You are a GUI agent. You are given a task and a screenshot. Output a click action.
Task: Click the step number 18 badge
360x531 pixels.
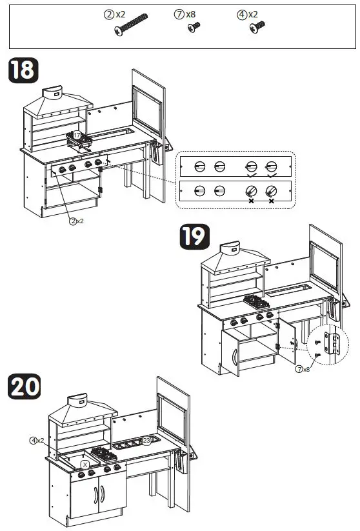[x=23, y=70]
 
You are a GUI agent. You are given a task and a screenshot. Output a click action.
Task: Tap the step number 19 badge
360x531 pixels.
[x=195, y=237]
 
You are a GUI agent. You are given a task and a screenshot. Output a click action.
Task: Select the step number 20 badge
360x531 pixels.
[x=24, y=386]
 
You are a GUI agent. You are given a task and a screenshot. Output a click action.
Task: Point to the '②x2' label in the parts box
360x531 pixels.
[x=116, y=14]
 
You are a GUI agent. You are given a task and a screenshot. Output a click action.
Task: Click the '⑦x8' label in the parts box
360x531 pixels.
[x=186, y=14]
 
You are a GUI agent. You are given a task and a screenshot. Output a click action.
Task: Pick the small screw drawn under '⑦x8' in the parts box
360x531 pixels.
[x=192, y=27]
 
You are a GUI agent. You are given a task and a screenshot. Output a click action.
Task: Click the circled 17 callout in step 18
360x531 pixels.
[x=77, y=135]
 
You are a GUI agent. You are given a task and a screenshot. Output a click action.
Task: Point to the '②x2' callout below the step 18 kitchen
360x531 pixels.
[x=77, y=221]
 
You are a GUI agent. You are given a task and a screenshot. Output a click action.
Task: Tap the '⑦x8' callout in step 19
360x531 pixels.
[x=303, y=369]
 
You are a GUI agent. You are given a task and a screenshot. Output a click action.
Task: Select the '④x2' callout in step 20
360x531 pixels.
[x=36, y=440]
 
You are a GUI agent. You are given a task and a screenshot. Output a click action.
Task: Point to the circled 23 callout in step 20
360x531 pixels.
[x=146, y=441]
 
